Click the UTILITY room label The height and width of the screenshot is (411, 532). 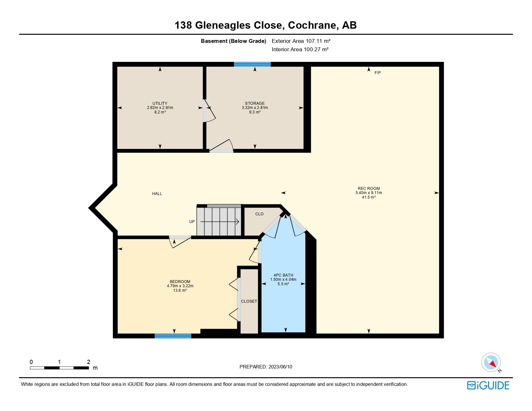pos(160,103)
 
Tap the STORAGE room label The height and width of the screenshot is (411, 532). pos(255,103)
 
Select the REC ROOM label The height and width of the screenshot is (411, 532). pos(369,189)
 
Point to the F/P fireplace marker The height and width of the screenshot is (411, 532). pos(378,73)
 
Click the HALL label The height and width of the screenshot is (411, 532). pos(157,194)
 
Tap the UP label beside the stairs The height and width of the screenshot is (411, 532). pos(192,222)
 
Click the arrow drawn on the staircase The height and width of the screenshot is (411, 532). pos(220,222)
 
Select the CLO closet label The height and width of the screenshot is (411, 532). pos(259,214)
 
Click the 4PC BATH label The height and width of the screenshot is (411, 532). pos(283,275)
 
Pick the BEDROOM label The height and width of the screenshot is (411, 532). pos(180,282)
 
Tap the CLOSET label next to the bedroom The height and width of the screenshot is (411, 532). pos(249,301)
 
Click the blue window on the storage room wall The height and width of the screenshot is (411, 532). pos(252,64)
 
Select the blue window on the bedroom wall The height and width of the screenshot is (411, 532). pos(173,336)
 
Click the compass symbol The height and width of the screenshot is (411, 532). pos(491,362)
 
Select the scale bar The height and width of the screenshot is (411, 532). pos(59,368)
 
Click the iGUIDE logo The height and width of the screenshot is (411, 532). pos(488,385)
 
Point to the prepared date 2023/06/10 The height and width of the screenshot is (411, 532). pos(266,367)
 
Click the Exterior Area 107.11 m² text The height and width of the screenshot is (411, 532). pos(301,41)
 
